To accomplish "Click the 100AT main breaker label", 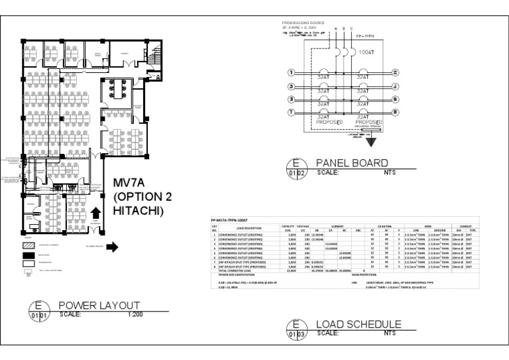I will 366,51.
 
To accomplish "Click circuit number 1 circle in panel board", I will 291,73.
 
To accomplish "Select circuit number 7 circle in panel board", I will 291,112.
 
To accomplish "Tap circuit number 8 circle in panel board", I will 396,112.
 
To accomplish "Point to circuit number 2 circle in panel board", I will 396,73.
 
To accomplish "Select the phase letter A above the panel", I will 336,29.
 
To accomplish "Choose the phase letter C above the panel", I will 352,29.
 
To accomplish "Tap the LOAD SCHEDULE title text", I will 359,324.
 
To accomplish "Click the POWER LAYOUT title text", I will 99,305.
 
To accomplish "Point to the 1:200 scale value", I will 134,314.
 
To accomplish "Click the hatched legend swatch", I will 28,245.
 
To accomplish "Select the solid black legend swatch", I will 28,255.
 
